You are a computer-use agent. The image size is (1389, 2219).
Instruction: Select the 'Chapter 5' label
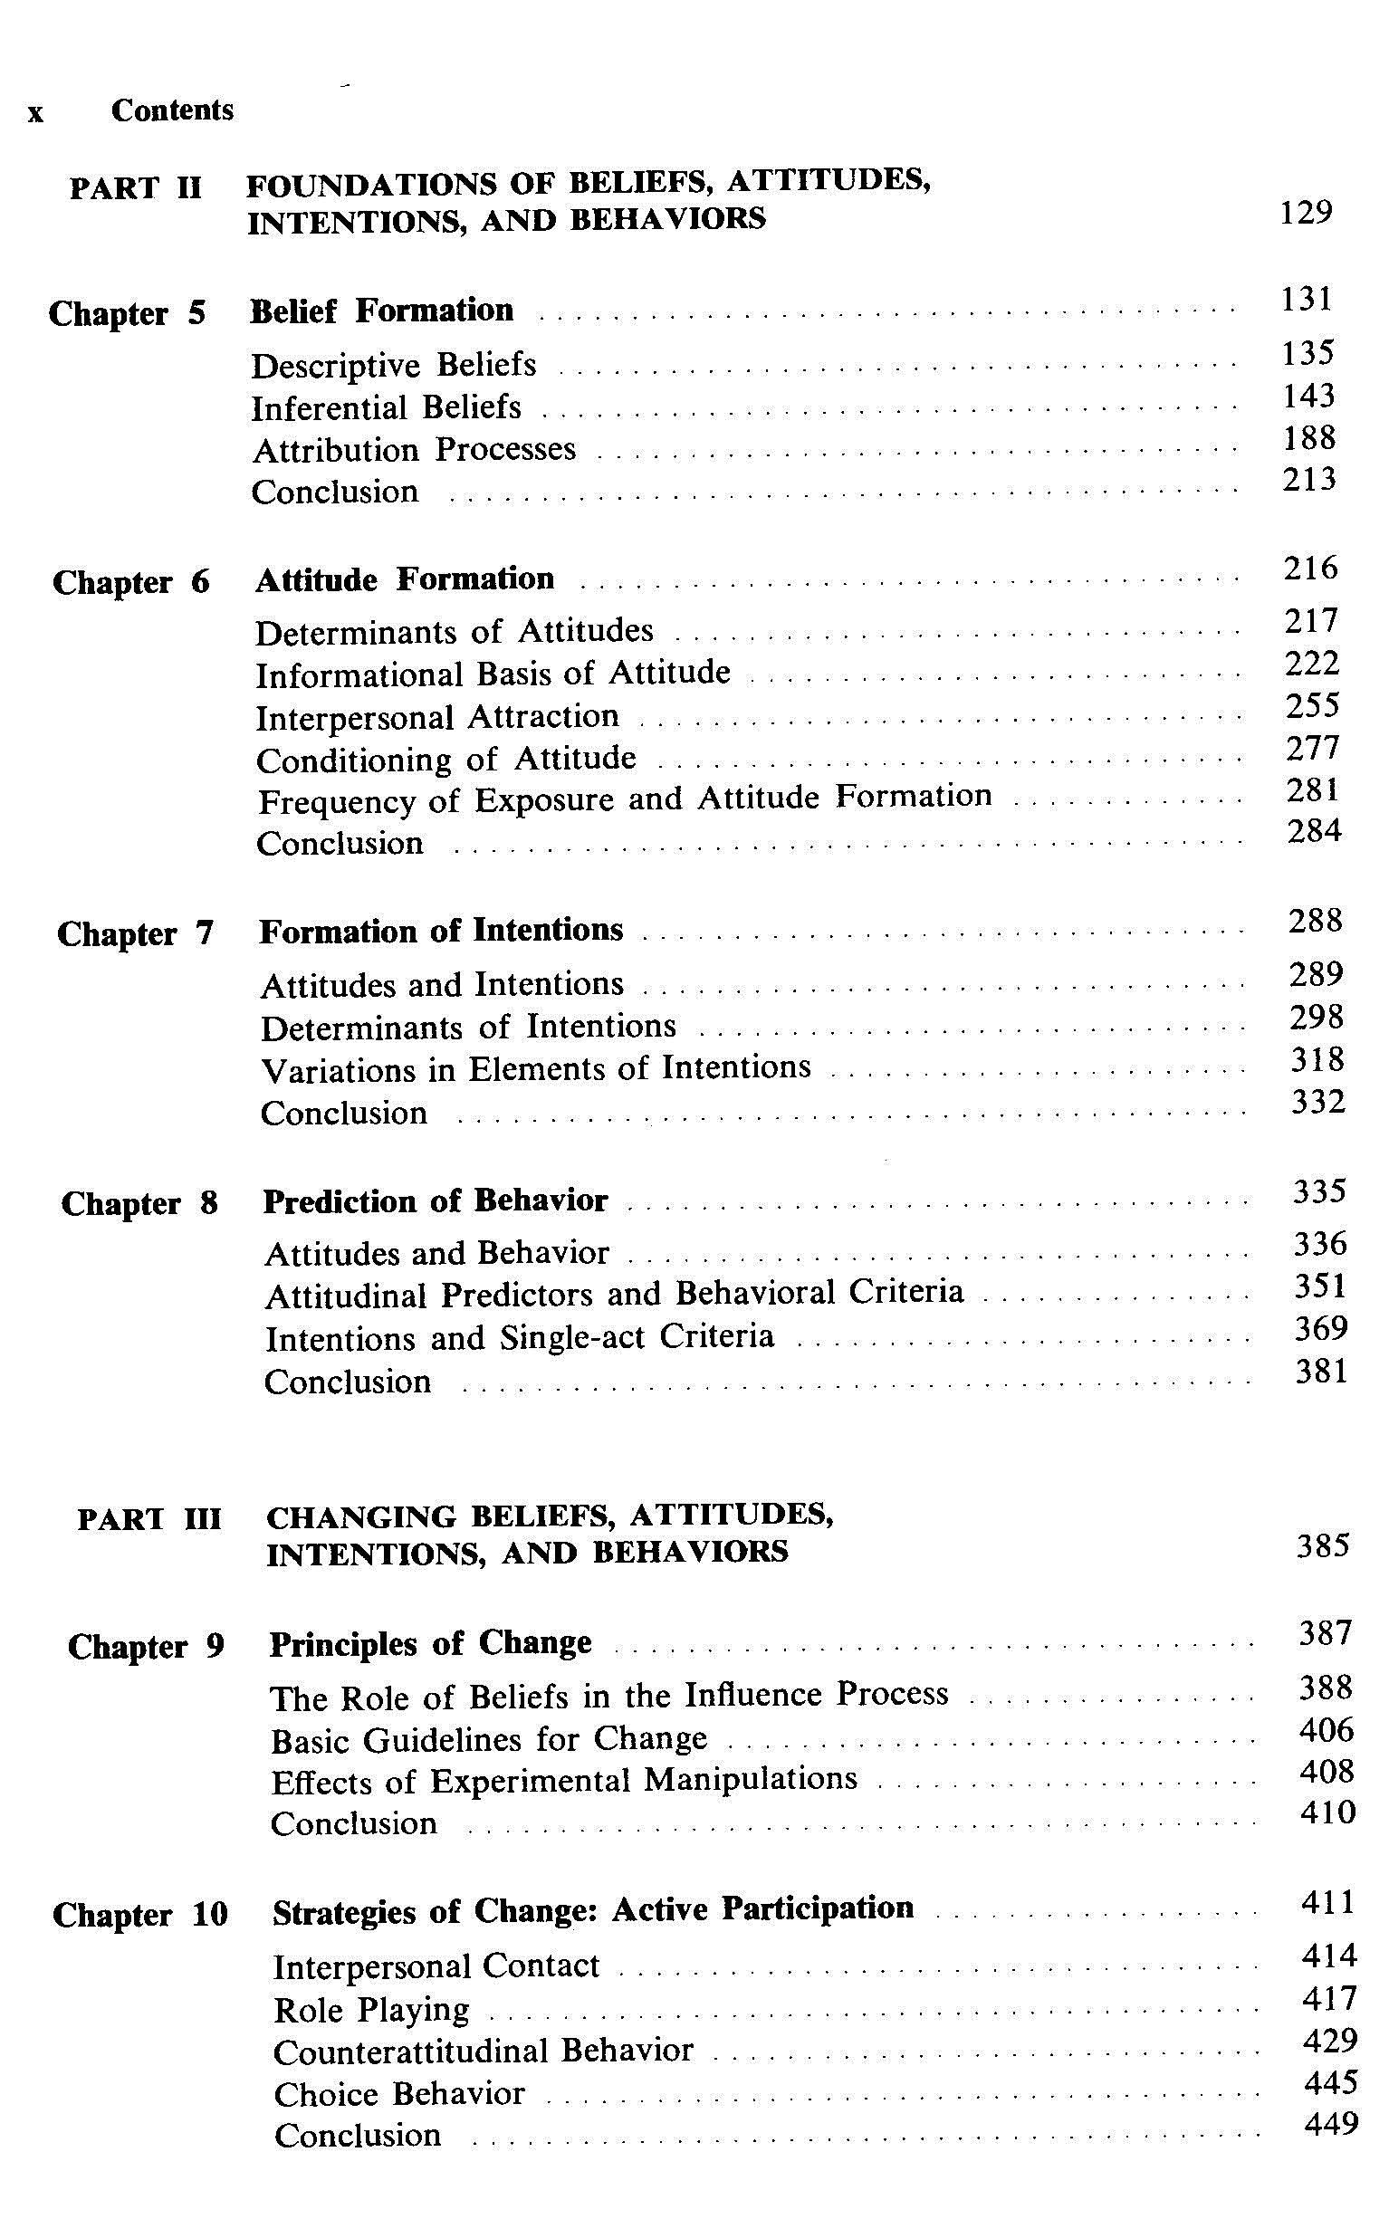[x=127, y=313]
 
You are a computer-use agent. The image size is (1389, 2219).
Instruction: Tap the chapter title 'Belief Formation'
[x=381, y=311]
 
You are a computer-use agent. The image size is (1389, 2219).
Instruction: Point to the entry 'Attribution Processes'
[x=414, y=450]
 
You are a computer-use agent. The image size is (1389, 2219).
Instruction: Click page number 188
[x=1308, y=438]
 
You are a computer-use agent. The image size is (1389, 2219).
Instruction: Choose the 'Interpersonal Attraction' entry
[x=437, y=717]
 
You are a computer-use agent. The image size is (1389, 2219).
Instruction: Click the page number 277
[x=1312, y=749]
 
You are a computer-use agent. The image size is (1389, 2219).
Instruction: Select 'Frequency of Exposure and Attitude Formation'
[x=625, y=799]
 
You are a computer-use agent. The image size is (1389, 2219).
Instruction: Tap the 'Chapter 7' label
[x=135, y=934]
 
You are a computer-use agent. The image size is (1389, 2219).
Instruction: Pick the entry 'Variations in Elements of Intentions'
[x=535, y=1068]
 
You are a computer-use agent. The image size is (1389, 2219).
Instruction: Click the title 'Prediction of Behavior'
[x=436, y=1201]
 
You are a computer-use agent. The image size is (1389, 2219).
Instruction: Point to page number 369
[x=1320, y=1328]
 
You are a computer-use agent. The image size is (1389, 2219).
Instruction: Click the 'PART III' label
[x=149, y=1519]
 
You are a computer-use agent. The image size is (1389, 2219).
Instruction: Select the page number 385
[x=1323, y=1546]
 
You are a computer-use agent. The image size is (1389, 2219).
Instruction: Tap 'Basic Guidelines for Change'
[x=489, y=1739]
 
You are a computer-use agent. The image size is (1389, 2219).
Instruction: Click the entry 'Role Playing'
[x=371, y=2010]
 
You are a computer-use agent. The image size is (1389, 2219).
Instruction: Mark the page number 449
[x=1329, y=2123]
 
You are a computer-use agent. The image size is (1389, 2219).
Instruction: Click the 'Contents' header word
[x=173, y=111]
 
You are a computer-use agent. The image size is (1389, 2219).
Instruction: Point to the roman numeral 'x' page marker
[x=35, y=114]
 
